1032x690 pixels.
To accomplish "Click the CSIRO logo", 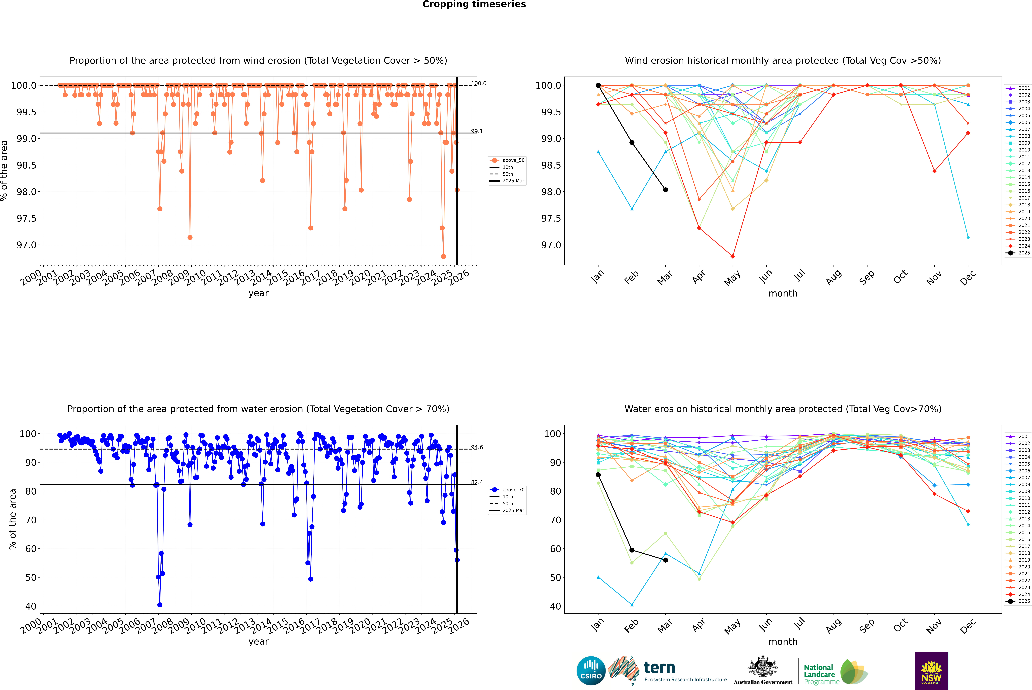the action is [591, 671].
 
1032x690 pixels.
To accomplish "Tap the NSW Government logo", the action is [931, 671].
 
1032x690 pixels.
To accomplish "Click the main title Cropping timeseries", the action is [474, 4].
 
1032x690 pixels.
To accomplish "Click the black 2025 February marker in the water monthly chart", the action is [632, 550].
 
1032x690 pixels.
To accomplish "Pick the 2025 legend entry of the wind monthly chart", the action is [1018, 253].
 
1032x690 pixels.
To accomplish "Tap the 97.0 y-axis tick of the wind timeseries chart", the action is [26, 245].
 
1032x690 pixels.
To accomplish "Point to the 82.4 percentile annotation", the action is [477, 482].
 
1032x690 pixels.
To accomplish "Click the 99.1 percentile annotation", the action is [477, 131].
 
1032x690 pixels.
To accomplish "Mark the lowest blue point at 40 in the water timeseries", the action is [160, 605].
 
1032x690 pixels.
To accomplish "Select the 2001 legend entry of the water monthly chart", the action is [1018, 437].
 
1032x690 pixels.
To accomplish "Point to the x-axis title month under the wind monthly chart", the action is [783, 294].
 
